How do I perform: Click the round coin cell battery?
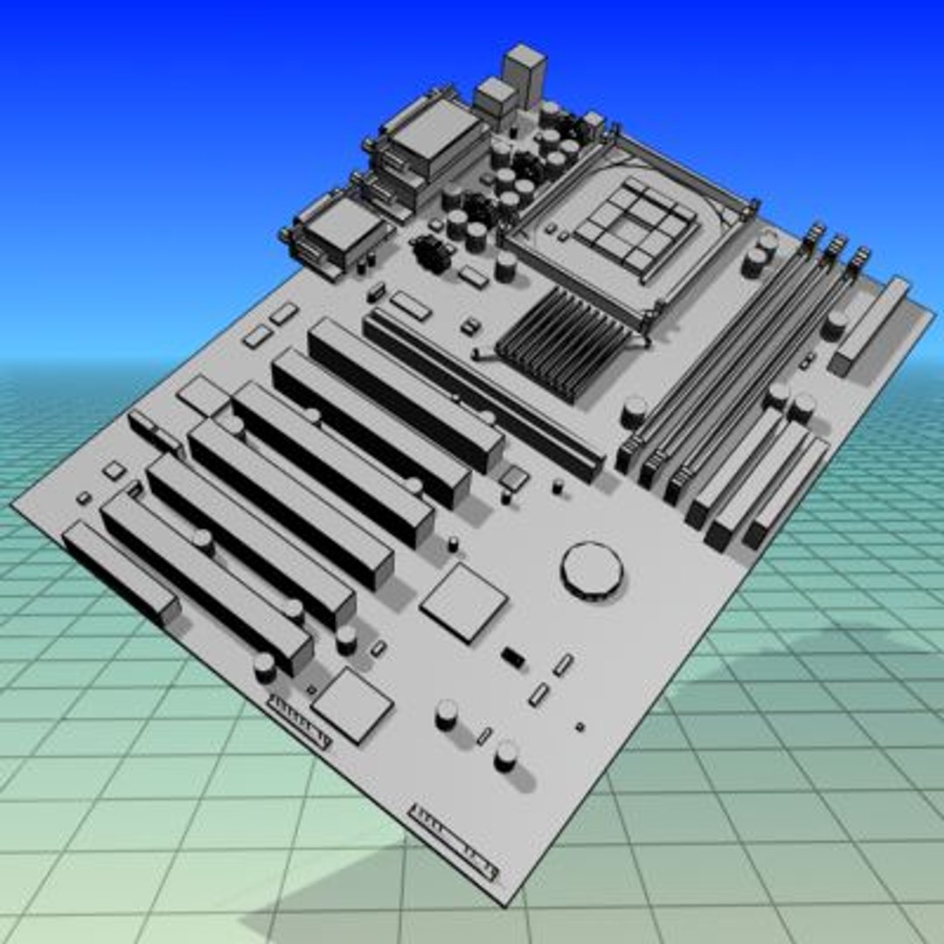(x=592, y=569)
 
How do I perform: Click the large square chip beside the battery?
(x=464, y=602)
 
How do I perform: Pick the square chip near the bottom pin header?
(x=352, y=705)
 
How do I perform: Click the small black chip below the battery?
(x=513, y=656)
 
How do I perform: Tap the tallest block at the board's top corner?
(x=524, y=74)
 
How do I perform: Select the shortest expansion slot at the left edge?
(x=121, y=571)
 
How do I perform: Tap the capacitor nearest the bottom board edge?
(x=505, y=755)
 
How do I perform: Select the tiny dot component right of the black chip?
(x=579, y=725)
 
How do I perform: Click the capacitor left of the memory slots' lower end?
(x=635, y=410)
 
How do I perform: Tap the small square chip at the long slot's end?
(x=514, y=476)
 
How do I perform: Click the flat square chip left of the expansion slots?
(x=203, y=396)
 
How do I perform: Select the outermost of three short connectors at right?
(x=787, y=494)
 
